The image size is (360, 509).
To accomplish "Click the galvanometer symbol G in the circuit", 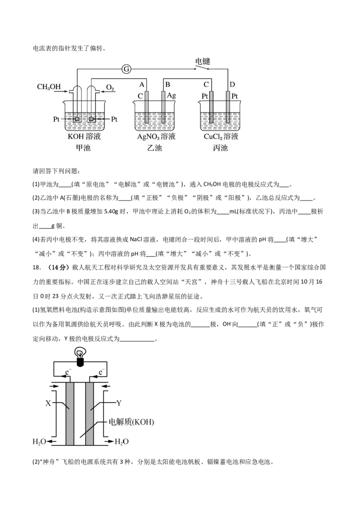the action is (x=126, y=69).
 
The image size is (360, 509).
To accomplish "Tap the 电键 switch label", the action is (x=202, y=61).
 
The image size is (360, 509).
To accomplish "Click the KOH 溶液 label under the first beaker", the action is (x=83, y=137).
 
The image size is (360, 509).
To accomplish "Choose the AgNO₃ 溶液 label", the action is (x=156, y=137).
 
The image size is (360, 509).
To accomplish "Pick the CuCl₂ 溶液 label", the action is (x=220, y=137).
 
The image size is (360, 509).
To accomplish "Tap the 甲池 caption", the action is (x=83, y=148).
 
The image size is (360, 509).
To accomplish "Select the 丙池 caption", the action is (x=220, y=148).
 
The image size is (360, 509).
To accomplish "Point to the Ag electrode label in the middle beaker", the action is (x=171, y=95).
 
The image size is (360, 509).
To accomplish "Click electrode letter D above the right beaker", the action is (x=232, y=85).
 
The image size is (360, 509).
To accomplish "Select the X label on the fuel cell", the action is (x=48, y=403).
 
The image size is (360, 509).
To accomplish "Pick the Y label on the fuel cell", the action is (x=119, y=402).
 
